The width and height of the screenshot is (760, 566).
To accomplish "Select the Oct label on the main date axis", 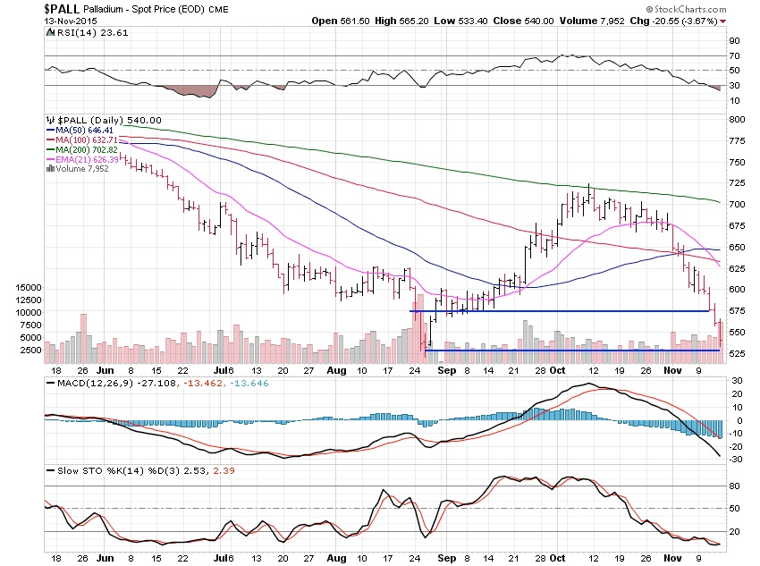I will point(557,369).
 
